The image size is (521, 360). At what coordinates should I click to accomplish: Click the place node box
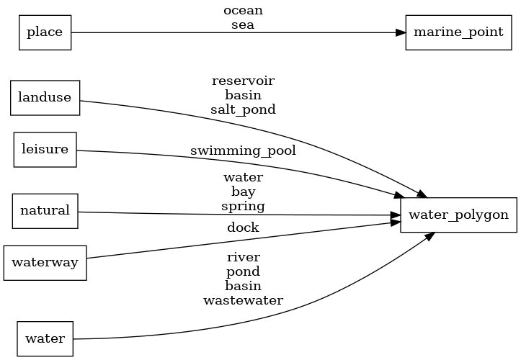click(x=45, y=32)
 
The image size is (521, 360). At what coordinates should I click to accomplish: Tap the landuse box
click(x=45, y=98)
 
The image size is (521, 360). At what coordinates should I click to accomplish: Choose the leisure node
click(x=45, y=150)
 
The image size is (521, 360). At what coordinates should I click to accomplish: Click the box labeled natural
click(x=45, y=211)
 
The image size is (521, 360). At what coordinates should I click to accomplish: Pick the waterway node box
click(x=45, y=263)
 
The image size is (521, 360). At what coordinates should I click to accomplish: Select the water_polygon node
click(x=458, y=215)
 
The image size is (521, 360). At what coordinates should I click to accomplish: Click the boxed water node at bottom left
click(x=45, y=338)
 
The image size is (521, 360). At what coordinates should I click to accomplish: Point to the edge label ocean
click(x=243, y=11)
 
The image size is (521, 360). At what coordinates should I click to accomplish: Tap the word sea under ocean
click(x=243, y=24)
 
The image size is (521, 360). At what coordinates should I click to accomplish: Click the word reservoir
click(x=243, y=81)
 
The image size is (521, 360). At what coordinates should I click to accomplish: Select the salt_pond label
click(x=243, y=109)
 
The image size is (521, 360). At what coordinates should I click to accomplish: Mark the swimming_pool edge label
click(x=243, y=151)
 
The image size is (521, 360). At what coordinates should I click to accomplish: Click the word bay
click(x=243, y=192)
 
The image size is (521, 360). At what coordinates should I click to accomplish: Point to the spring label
click(x=243, y=206)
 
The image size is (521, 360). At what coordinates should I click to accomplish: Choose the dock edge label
click(x=243, y=228)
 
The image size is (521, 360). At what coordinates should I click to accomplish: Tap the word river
click(x=243, y=257)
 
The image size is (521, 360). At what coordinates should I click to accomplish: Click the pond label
click(x=243, y=271)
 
